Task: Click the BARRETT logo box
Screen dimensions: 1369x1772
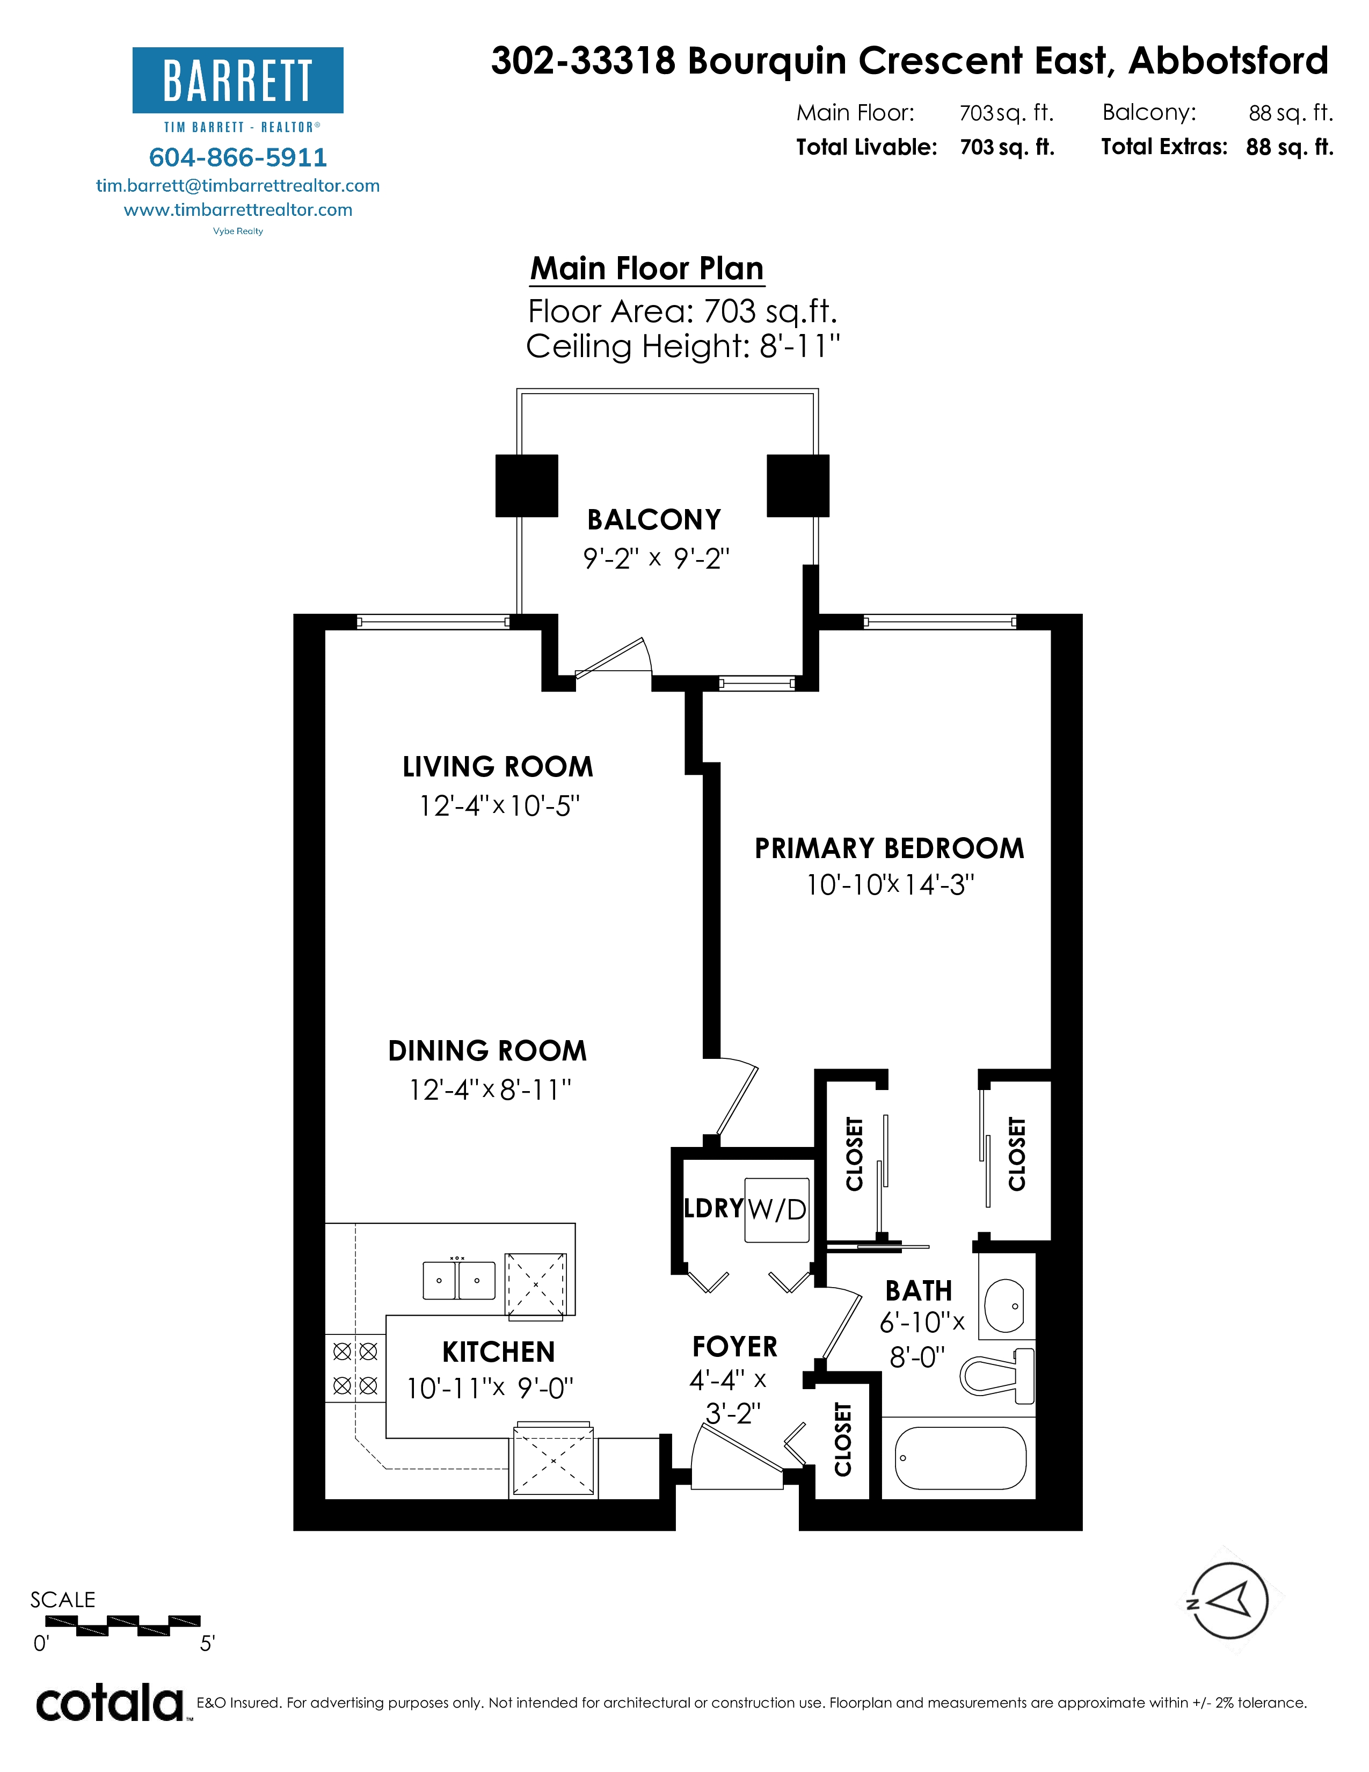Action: point(238,81)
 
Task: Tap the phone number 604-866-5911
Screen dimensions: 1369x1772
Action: point(238,157)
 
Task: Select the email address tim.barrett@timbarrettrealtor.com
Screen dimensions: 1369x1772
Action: point(238,186)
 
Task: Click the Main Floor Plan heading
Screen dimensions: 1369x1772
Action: point(647,268)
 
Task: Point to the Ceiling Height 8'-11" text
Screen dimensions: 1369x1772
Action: point(683,346)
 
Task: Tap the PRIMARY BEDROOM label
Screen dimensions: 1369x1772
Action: point(890,848)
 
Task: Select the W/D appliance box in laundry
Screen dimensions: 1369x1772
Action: point(777,1210)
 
